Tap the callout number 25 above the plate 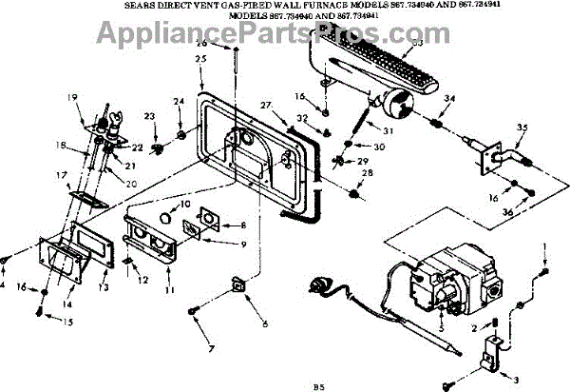[x=199, y=59]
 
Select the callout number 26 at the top [x=201, y=43]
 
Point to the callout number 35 [x=522, y=127]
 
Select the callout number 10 [x=186, y=205]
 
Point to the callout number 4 [x=3, y=284]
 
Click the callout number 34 [x=449, y=98]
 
